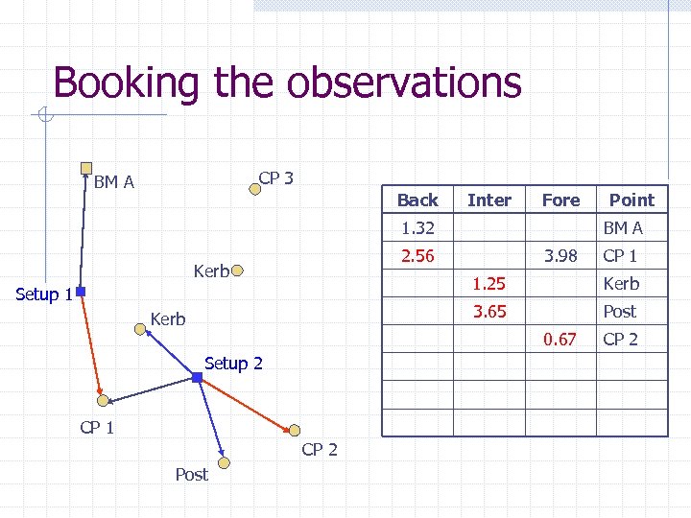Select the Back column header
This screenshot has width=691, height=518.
(417, 200)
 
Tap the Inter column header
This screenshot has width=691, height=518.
(488, 200)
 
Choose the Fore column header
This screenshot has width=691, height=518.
(560, 200)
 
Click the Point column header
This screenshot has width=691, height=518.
(631, 200)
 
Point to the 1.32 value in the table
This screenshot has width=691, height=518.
(417, 227)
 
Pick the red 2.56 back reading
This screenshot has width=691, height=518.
(417, 255)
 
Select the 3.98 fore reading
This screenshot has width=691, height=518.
(560, 255)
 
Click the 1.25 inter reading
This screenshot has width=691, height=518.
(488, 283)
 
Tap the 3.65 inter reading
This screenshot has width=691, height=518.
(488, 311)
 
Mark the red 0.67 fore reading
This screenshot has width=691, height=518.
(560, 339)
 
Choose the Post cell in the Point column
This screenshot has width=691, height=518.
(620, 311)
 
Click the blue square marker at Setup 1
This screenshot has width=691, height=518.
(82, 291)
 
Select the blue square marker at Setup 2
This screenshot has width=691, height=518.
(197, 379)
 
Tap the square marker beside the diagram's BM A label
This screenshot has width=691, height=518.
(86, 167)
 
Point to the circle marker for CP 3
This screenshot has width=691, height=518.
(255, 188)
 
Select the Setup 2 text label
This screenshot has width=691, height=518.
(233, 363)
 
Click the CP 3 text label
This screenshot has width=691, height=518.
(276, 177)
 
